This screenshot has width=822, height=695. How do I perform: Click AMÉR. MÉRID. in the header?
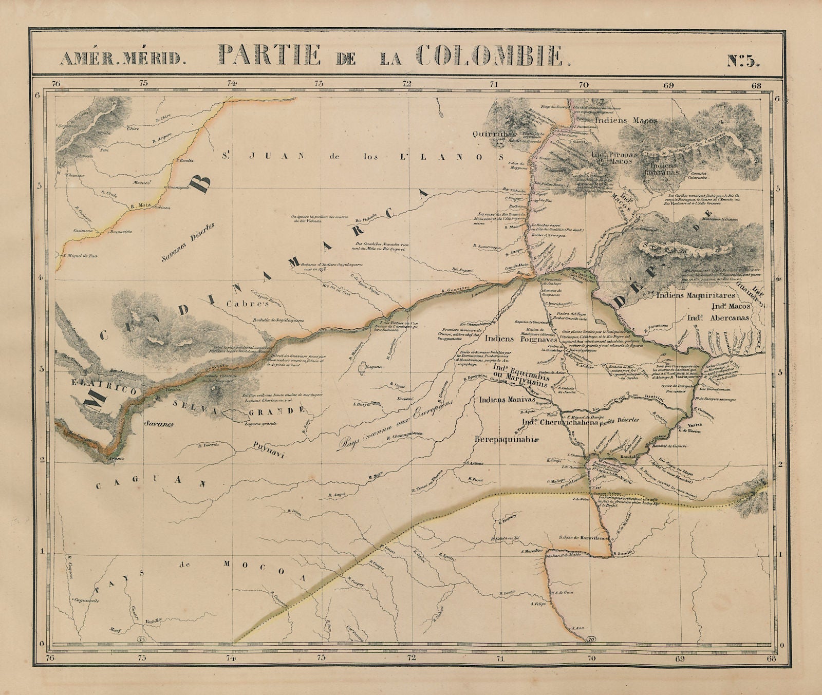pos(120,58)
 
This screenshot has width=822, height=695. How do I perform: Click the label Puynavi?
pos(269,454)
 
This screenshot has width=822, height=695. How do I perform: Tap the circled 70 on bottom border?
pos(591,638)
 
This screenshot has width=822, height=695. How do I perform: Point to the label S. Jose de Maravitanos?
pos(585,538)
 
